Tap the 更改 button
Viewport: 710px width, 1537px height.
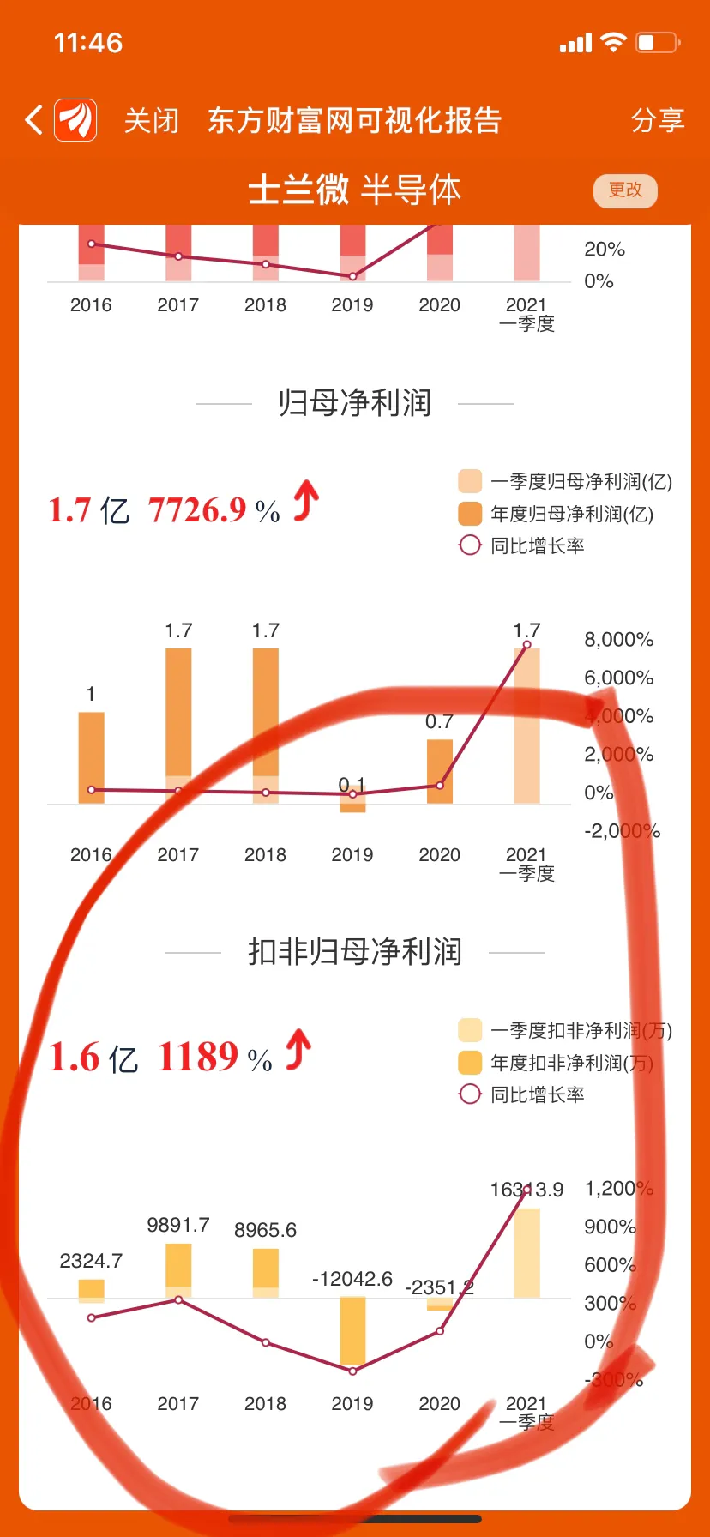click(x=625, y=190)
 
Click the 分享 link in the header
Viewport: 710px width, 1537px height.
click(x=658, y=120)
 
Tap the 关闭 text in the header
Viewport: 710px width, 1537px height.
click(x=152, y=121)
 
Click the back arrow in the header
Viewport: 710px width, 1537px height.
click(x=34, y=120)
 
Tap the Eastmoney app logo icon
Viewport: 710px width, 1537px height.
click(x=75, y=120)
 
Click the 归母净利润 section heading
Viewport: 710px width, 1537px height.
click(x=354, y=402)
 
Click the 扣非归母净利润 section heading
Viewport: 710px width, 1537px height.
click(x=354, y=952)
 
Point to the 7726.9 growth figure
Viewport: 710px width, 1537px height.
click(x=197, y=510)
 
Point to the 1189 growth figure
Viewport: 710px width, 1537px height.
click(x=197, y=1057)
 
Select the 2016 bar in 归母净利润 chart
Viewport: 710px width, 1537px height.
click(x=92, y=757)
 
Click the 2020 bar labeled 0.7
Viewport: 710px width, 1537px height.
click(x=440, y=771)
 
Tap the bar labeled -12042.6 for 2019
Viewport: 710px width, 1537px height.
click(x=352, y=1330)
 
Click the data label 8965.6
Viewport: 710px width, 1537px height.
click(x=265, y=1230)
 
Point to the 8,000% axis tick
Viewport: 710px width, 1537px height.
click(x=618, y=640)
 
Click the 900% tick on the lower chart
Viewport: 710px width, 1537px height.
click(x=610, y=1227)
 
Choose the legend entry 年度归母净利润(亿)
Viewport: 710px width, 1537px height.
click(x=571, y=514)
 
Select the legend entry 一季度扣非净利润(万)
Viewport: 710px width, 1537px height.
click(x=581, y=1030)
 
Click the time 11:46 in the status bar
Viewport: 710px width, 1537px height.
click(x=88, y=43)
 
